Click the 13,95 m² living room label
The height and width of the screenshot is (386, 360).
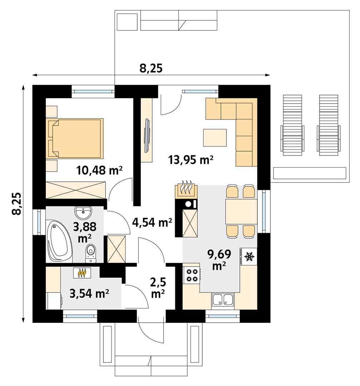pyautogui.click(x=191, y=160)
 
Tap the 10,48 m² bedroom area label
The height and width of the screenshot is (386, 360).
pyautogui.click(x=99, y=170)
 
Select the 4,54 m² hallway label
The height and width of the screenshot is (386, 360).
pyautogui.click(x=152, y=223)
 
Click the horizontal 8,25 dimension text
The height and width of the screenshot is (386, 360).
pyautogui.click(x=151, y=68)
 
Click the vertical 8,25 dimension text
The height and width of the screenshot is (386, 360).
pyautogui.click(x=16, y=204)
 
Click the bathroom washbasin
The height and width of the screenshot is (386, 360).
pyautogui.click(x=83, y=213)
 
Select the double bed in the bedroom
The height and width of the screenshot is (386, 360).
pyautogui.click(x=75, y=138)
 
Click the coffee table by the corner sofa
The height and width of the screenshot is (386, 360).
pyautogui.click(x=215, y=138)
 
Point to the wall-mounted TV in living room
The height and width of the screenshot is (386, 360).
pyautogui.click(x=147, y=135)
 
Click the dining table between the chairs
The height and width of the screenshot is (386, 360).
pyautogui.click(x=241, y=211)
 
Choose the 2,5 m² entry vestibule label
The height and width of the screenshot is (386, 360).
pyautogui.click(x=158, y=287)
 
